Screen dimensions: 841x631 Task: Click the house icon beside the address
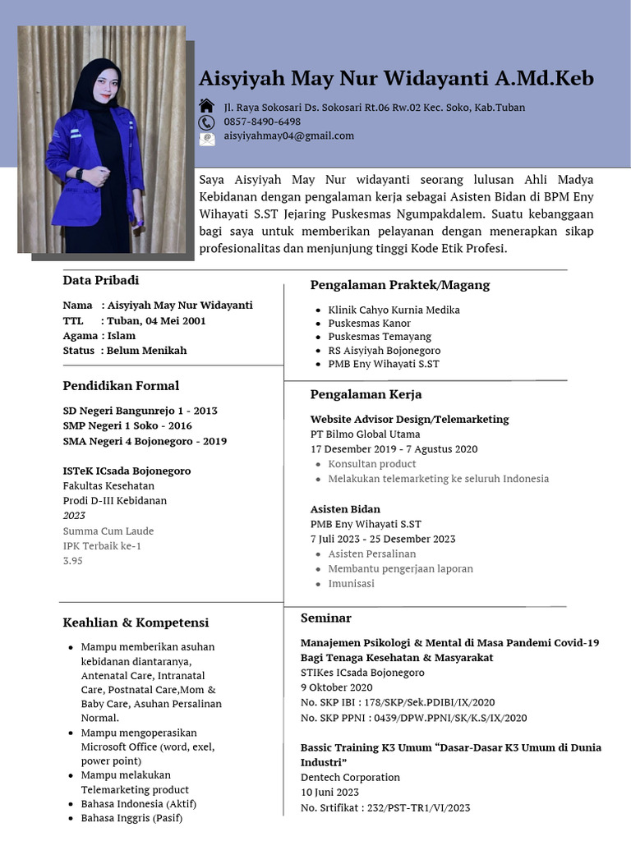[x=206, y=107]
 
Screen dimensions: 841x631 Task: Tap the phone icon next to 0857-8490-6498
[x=206, y=122]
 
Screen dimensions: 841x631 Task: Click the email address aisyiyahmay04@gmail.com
[x=288, y=136]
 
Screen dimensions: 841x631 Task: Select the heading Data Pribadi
[x=101, y=280]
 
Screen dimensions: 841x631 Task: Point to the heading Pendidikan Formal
[x=121, y=385]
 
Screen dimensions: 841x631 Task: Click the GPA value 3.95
[x=73, y=560]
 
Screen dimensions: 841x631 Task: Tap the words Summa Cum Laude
[x=108, y=531]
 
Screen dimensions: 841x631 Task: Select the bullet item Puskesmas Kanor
[x=370, y=324]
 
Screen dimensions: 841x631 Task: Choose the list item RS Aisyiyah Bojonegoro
[x=385, y=351]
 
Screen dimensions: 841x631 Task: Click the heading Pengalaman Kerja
[x=366, y=395]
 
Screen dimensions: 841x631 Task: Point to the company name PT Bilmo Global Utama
[x=365, y=434]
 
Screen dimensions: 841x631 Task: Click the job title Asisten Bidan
[x=345, y=509]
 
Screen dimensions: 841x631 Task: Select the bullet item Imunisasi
[x=351, y=583]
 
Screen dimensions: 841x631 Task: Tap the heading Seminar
[x=325, y=618]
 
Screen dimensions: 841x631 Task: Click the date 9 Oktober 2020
[x=336, y=687]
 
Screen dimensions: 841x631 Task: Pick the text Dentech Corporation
[x=350, y=777]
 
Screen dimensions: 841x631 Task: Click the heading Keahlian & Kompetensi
[x=136, y=623]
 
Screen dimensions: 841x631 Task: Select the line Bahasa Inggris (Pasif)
[x=131, y=818]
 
